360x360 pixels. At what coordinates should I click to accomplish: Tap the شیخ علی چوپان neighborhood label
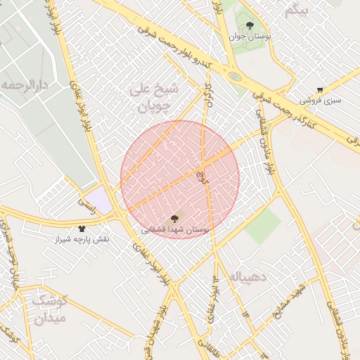(x=155, y=98)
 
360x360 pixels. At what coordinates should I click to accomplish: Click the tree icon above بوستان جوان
(x=250, y=26)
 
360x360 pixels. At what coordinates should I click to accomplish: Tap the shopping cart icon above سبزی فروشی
(x=321, y=90)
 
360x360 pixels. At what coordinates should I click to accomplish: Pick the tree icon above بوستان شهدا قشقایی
(x=174, y=219)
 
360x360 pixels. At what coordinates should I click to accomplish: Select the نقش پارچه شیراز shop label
(x=83, y=239)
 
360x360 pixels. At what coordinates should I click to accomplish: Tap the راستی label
(x=87, y=201)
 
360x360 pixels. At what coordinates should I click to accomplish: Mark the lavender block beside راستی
(x=103, y=200)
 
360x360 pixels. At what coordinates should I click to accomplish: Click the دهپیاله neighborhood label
(x=249, y=277)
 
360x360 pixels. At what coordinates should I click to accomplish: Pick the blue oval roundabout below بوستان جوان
(x=235, y=76)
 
